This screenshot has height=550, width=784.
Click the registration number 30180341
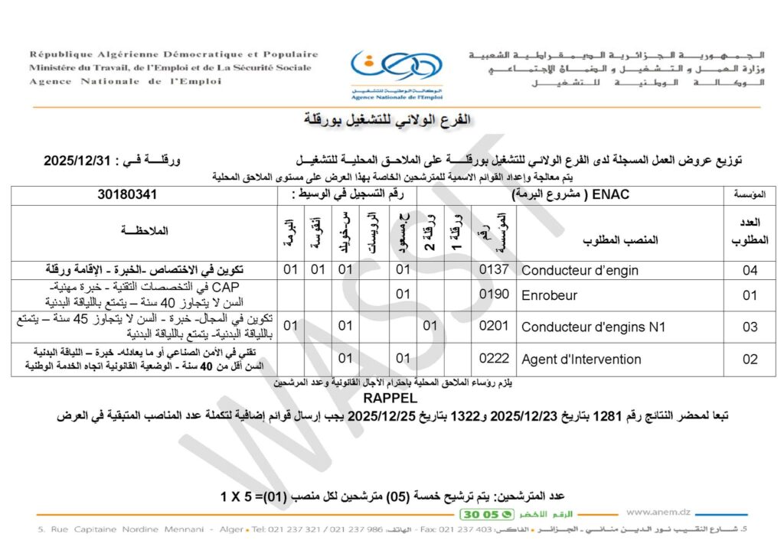126,195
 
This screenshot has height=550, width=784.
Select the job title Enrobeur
549,295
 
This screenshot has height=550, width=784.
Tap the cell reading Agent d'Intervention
581,359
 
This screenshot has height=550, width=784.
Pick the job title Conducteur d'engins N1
593,327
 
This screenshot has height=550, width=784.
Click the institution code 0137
494,270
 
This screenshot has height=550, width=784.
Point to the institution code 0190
494,295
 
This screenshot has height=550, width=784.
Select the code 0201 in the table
494,327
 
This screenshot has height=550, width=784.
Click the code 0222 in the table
494,359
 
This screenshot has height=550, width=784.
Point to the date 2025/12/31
78,161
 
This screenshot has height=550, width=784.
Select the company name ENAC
610,195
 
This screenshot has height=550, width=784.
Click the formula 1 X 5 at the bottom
240,496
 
